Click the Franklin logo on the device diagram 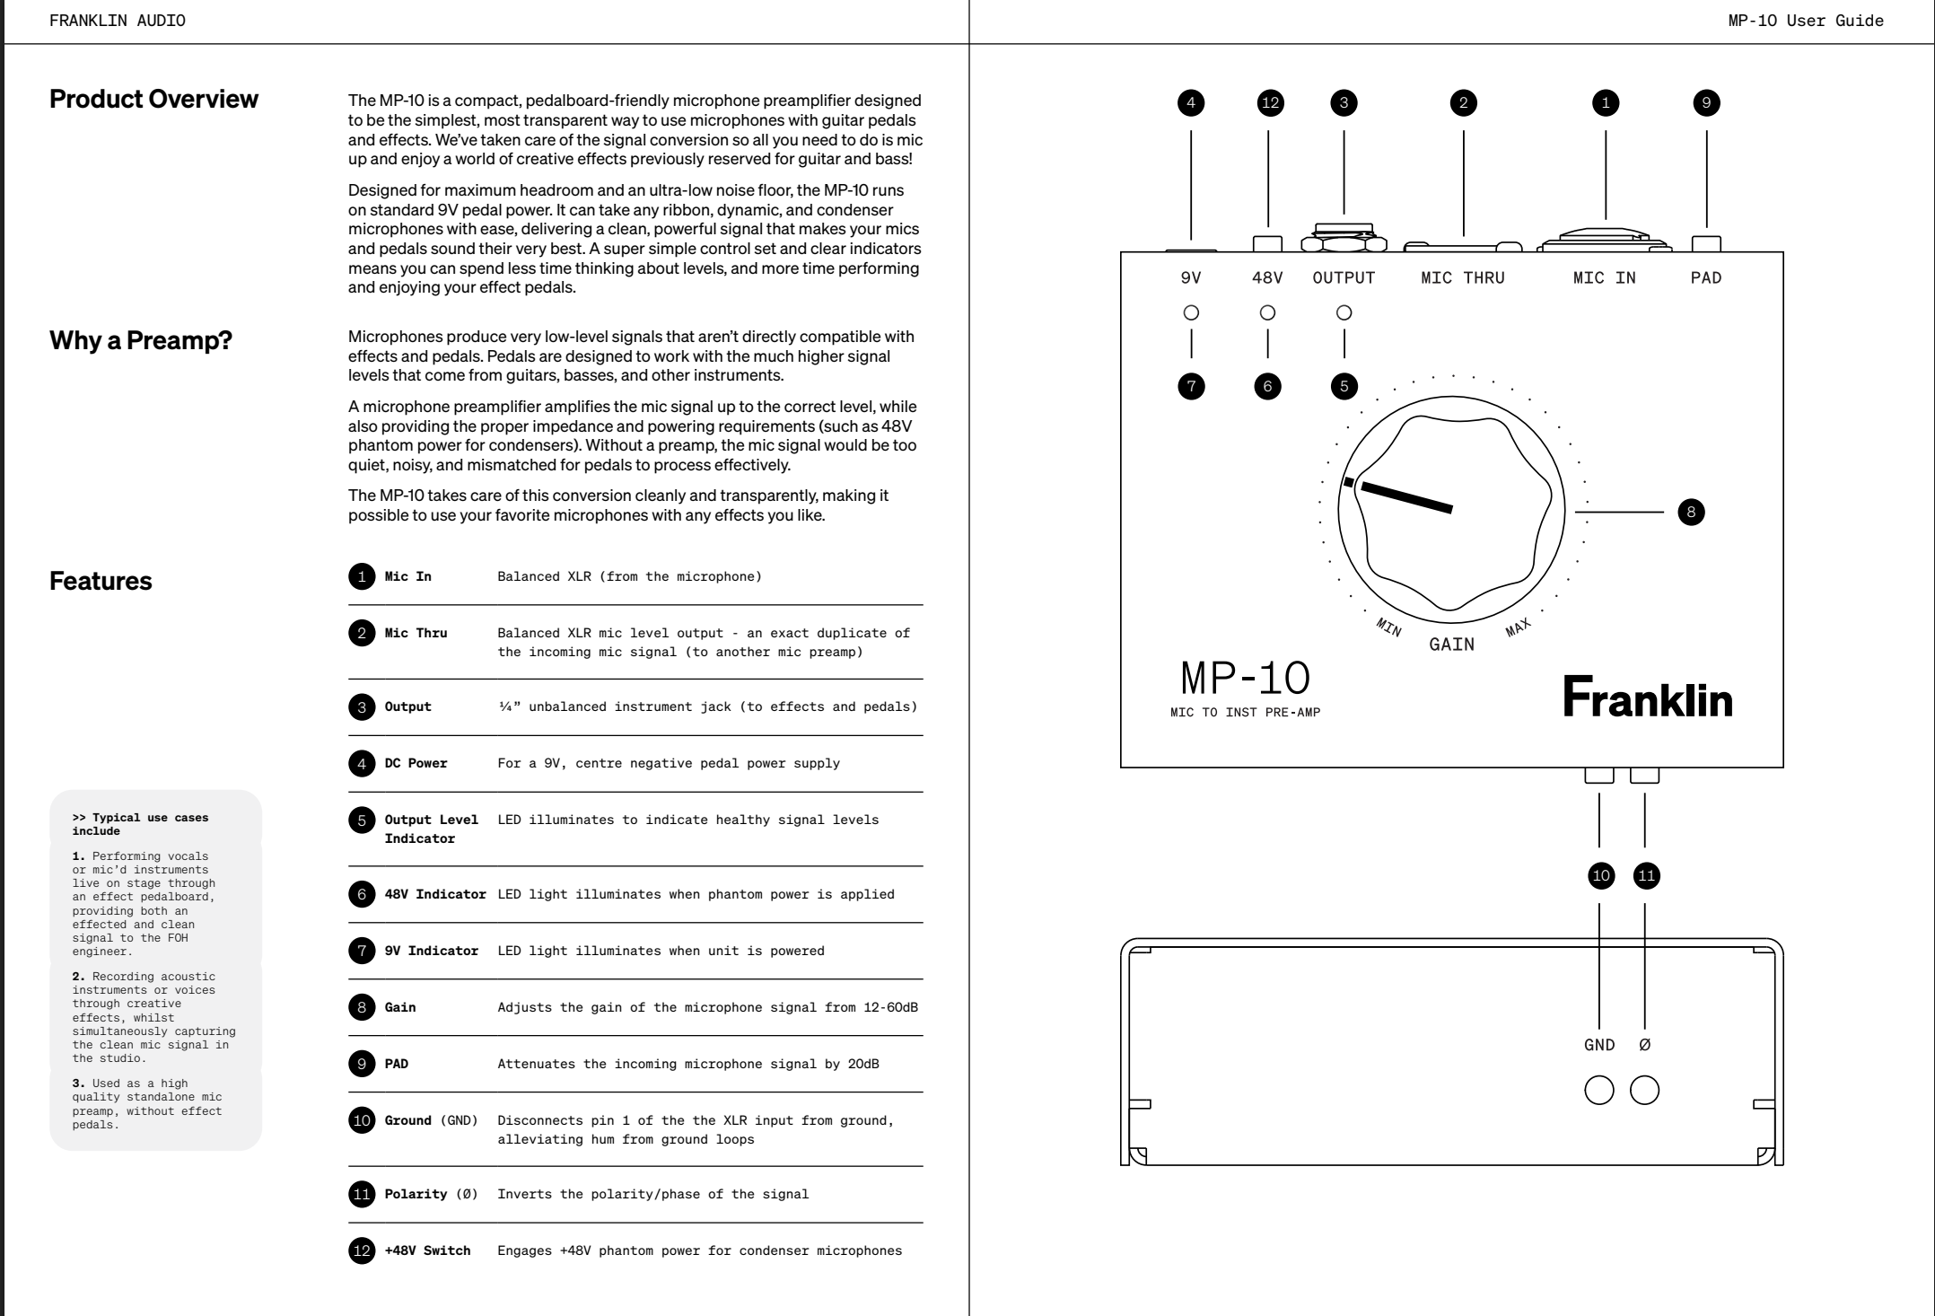[1648, 697]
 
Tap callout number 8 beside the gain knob [1691, 513]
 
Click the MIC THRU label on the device [1463, 278]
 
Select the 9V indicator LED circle [1191, 313]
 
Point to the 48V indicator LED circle [1267, 313]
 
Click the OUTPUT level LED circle [1344, 313]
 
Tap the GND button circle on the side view [1599, 1091]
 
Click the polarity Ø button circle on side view [1644, 1091]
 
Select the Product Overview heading [153, 99]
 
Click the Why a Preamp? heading [141, 340]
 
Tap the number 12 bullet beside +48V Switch [362, 1250]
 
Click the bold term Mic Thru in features [416, 633]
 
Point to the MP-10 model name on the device [1245, 679]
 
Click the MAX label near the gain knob [1518, 627]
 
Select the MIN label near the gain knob [1388, 627]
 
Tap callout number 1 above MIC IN [1606, 103]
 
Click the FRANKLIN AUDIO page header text [118, 21]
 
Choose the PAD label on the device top [1706, 278]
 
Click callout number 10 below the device [1600, 876]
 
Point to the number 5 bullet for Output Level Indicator [362, 820]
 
